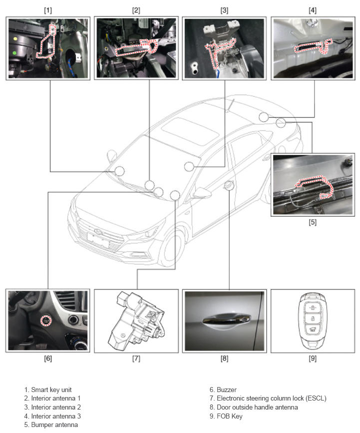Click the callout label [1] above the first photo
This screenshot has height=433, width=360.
(x=48, y=10)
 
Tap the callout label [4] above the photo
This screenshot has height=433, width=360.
(x=312, y=10)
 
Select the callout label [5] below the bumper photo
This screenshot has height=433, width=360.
(x=312, y=222)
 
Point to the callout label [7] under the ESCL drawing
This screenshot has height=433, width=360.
(x=136, y=359)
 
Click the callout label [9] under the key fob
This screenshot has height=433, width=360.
(x=312, y=359)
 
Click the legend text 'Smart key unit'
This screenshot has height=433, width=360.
(x=51, y=390)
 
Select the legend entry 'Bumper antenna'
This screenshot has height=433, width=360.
(x=54, y=425)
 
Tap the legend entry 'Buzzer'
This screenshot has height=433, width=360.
(x=226, y=390)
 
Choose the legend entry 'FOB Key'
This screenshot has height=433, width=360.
(x=229, y=416)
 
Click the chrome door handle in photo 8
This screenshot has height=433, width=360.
(x=226, y=321)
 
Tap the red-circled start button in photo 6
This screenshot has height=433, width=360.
(x=46, y=321)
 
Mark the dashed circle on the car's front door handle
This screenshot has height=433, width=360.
(x=229, y=185)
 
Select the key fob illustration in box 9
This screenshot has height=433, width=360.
(x=313, y=321)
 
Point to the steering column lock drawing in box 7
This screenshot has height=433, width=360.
(x=136, y=320)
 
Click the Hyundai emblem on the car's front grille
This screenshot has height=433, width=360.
(x=98, y=231)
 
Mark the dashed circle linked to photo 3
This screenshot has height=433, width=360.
(x=189, y=166)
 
